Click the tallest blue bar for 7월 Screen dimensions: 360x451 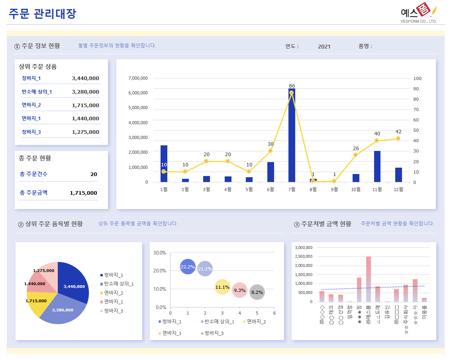(x=292, y=135)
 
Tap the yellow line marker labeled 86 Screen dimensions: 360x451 (x=292, y=93)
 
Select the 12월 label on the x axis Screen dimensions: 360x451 (x=398, y=190)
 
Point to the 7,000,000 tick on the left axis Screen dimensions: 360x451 (x=138, y=78)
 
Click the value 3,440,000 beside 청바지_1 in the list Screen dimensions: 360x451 (x=86, y=78)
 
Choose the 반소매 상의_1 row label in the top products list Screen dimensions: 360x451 (x=37, y=92)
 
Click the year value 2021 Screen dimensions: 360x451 (x=324, y=47)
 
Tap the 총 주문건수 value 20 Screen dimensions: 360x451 (x=94, y=174)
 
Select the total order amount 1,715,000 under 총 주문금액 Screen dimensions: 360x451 (x=84, y=193)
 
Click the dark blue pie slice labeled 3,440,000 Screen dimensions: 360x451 (x=74, y=285)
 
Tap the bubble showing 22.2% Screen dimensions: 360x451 (x=188, y=267)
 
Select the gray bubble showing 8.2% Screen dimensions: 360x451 (x=257, y=292)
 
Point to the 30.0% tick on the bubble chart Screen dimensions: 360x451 (x=160, y=253)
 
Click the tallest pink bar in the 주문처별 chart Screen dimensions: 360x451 (x=369, y=279)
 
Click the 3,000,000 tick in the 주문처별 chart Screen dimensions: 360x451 (x=304, y=247)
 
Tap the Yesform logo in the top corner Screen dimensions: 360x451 (x=419, y=12)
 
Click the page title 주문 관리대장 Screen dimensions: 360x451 (x=42, y=14)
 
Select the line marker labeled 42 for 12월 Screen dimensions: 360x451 (x=398, y=139)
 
